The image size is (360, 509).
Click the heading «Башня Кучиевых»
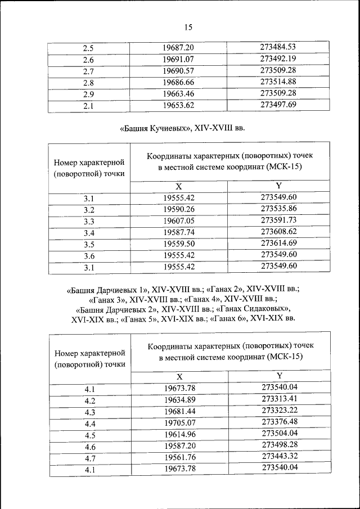coord(156,128)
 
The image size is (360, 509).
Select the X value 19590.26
coord(179,210)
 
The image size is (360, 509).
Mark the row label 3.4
coord(89,233)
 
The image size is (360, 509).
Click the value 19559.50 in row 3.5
coord(179,244)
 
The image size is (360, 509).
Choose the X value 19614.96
coord(179,435)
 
